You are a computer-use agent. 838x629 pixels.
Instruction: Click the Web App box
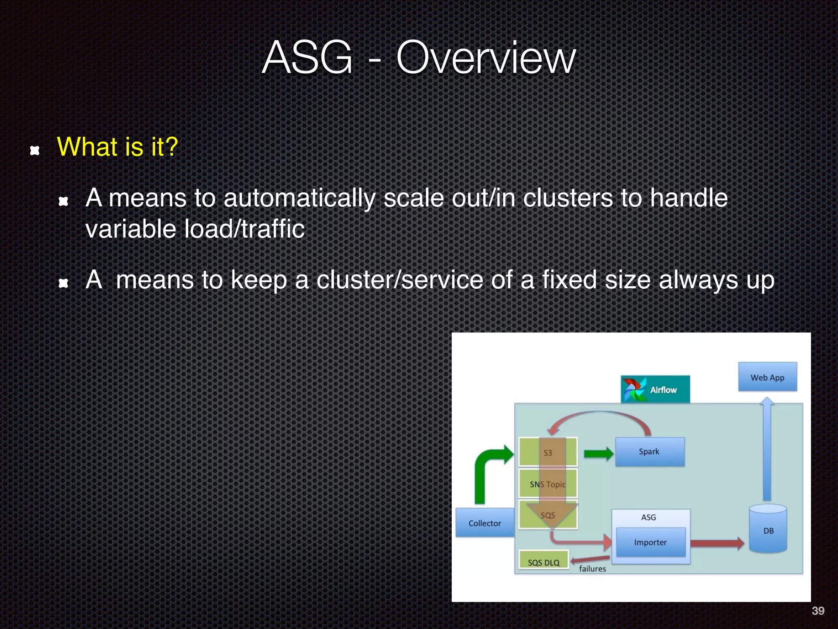pos(767,377)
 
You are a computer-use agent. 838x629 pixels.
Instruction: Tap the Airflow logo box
pos(655,389)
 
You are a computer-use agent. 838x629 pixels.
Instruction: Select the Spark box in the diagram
pos(649,452)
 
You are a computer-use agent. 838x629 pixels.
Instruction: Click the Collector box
pos(485,523)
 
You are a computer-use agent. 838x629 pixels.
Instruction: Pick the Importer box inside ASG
pos(650,542)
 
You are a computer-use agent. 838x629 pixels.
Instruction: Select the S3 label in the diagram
pos(547,453)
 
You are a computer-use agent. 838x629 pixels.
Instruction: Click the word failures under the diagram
pos(592,569)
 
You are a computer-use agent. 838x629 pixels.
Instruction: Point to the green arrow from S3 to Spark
pos(598,453)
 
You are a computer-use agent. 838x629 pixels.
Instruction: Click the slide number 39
pos(818,611)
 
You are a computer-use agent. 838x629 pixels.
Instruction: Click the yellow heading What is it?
pos(117,147)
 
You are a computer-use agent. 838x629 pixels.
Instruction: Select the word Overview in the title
pos(486,58)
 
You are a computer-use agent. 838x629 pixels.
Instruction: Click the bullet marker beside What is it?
pos(35,150)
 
